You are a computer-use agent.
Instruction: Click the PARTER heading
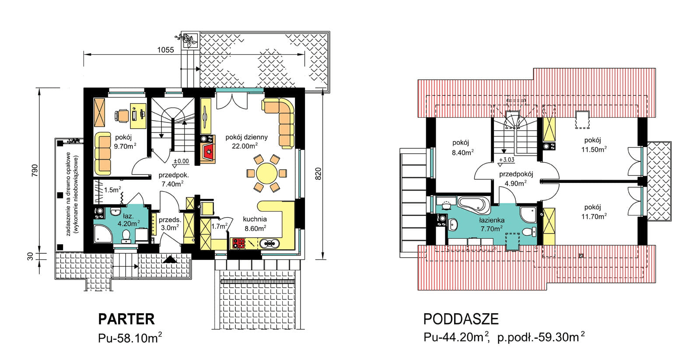click(126, 319)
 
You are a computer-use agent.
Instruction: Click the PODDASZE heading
click(461, 319)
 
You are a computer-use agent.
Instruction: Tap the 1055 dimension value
click(165, 50)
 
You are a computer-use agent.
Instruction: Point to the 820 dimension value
click(318, 174)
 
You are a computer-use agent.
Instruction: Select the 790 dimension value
click(35, 170)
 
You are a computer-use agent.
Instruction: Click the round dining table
click(266, 173)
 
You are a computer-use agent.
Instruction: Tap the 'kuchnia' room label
click(255, 220)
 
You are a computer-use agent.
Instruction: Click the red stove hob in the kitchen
click(238, 243)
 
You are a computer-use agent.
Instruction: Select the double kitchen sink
click(269, 243)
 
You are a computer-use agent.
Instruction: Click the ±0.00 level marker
click(181, 161)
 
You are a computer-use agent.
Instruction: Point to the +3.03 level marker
click(507, 160)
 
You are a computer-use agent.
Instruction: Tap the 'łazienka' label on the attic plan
click(492, 220)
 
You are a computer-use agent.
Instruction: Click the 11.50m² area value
click(594, 150)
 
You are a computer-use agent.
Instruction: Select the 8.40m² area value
click(462, 153)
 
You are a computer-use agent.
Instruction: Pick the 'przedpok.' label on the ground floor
click(173, 175)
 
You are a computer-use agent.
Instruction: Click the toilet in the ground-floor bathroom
click(126, 236)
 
